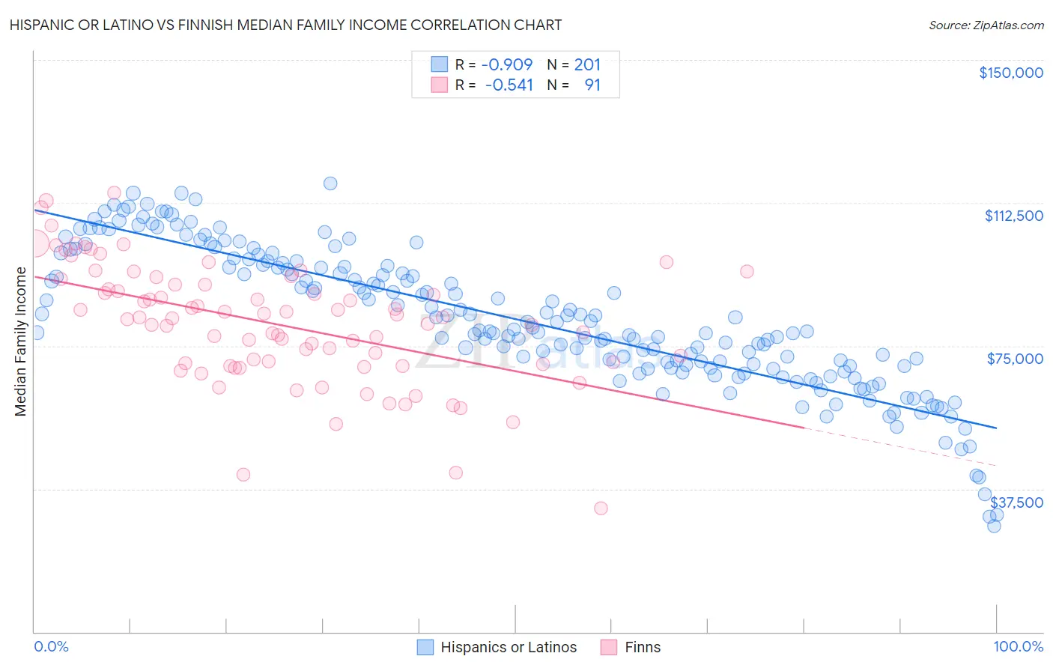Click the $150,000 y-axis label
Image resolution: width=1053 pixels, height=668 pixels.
[1010, 73]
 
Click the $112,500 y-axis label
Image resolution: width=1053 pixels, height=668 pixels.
[1013, 216]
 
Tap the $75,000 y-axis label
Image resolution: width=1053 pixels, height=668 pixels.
[1015, 359]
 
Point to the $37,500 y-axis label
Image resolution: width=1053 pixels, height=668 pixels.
[1016, 502]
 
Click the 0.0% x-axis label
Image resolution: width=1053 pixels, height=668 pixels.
[51, 646]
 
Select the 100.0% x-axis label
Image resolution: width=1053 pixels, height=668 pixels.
[1018, 646]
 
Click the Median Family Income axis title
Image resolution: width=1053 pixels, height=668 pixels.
[20, 341]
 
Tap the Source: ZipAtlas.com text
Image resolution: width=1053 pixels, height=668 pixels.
[986, 25]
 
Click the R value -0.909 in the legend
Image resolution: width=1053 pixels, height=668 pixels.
[507, 64]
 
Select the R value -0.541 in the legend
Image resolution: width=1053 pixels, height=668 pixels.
[509, 85]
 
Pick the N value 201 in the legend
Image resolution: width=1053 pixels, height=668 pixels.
[587, 64]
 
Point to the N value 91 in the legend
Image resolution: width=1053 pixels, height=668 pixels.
[592, 85]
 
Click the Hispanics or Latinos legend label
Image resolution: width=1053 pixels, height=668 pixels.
[509, 647]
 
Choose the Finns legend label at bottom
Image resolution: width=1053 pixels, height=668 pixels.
[643, 647]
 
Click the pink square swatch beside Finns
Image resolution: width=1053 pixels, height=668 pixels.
[609, 647]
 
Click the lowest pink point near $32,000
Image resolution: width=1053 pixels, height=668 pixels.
[601, 508]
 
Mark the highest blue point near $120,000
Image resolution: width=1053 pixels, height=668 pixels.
[330, 183]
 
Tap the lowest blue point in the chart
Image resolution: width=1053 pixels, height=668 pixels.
[994, 526]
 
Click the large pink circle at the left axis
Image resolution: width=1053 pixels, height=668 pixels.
[34, 243]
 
